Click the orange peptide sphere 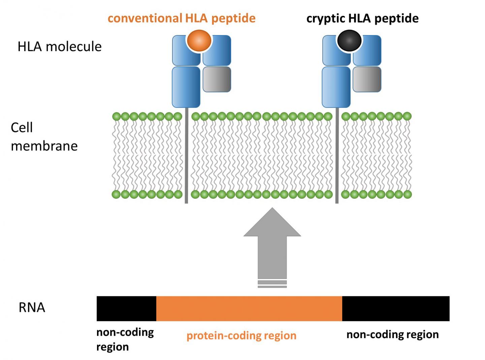point(199,40)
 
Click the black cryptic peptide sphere point(349,40)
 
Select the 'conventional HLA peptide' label point(182,18)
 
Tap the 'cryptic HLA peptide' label point(362,19)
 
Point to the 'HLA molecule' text point(60,46)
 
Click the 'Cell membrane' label point(44,137)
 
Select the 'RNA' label point(32,307)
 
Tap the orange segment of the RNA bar point(249,308)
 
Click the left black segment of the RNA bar point(126,308)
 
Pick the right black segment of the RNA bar point(396,308)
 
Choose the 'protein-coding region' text point(241,335)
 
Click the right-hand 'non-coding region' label point(393,334)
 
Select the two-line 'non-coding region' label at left point(125,339)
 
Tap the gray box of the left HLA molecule point(217,79)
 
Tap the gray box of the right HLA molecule point(367,79)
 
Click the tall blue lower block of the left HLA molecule point(186,87)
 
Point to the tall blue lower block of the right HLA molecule point(336,87)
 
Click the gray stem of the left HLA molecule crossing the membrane point(186,155)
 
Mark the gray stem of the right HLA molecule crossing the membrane point(337,155)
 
